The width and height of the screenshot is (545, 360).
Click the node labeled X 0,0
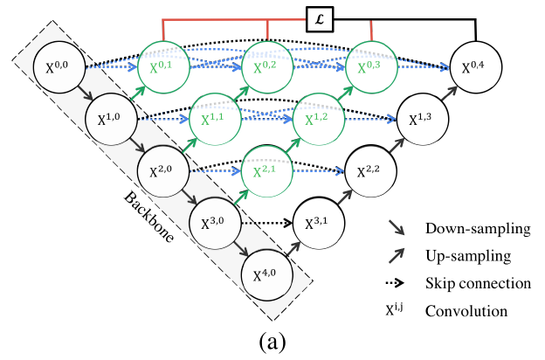[x=59, y=66]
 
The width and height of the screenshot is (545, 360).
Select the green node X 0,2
[x=267, y=66]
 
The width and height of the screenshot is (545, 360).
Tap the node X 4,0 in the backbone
[x=267, y=275]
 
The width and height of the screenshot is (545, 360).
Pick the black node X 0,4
[x=476, y=66]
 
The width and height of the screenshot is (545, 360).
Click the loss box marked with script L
[x=320, y=19]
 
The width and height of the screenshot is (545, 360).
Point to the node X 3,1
[x=319, y=223]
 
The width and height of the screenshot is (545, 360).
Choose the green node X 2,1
[x=267, y=171]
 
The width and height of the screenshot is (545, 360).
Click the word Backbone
[x=148, y=217]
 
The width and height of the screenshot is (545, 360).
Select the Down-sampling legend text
[x=478, y=229]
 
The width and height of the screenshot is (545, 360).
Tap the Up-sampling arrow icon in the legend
[x=397, y=256]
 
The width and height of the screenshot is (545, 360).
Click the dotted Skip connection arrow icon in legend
[x=395, y=283]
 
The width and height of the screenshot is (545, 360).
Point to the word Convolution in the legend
[x=466, y=311]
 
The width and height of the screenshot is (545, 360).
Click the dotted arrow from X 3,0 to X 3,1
[x=267, y=223]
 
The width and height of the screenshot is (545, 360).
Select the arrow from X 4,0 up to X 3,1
[x=293, y=249]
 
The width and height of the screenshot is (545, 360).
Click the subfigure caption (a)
[x=272, y=343]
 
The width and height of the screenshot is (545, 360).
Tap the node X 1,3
[x=423, y=119]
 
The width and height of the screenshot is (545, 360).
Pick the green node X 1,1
[x=215, y=119]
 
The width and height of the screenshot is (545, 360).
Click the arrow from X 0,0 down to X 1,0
[x=85, y=93]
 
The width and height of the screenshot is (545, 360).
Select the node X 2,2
[x=371, y=171]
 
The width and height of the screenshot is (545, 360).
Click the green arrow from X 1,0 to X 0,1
[x=137, y=93]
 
